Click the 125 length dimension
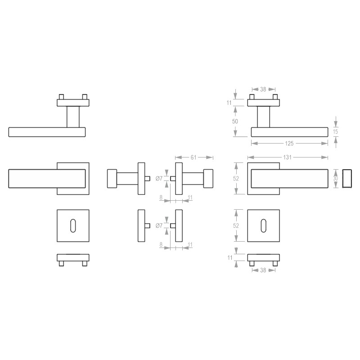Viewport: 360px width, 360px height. (289, 144)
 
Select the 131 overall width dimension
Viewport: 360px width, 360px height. (287, 157)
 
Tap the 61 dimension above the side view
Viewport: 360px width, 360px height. (193, 157)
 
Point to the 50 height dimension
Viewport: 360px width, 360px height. (235, 121)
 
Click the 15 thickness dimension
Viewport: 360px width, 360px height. (335, 131)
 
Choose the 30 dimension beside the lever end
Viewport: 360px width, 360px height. (335, 178)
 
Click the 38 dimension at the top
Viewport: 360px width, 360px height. (263, 89)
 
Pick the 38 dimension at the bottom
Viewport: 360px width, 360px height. (263, 270)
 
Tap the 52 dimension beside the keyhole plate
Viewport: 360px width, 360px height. (236, 225)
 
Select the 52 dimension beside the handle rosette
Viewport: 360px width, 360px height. (236, 178)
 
